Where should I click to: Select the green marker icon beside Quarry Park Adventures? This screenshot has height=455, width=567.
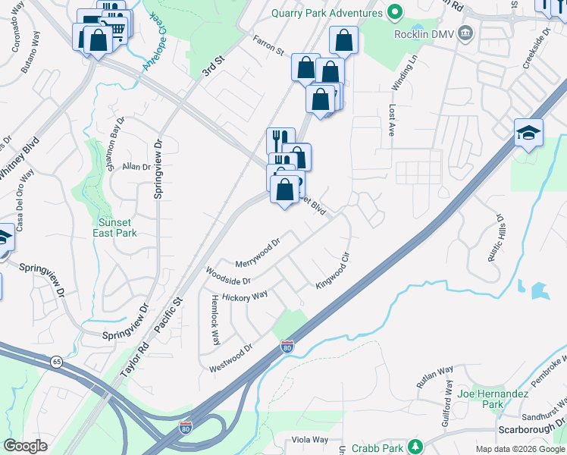(394, 13)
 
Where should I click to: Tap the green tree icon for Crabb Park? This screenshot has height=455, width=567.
(415, 446)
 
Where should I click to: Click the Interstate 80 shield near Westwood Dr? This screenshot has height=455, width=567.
(287, 347)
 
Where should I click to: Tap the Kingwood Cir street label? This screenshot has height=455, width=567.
(333, 272)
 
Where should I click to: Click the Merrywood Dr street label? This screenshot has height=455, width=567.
(258, 252)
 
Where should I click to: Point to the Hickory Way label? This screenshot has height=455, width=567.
(245, 296)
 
